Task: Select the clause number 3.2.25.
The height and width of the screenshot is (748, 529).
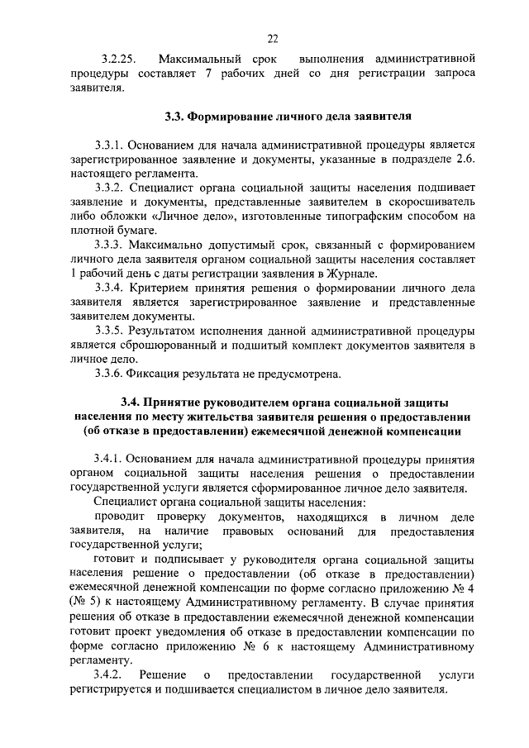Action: [x=117, y=60]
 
